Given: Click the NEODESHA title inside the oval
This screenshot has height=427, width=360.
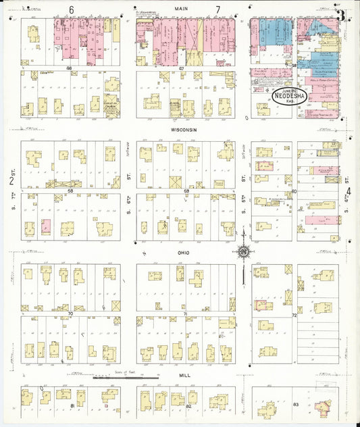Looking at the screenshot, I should point(290,97).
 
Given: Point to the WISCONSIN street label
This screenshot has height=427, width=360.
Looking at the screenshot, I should point(184,128).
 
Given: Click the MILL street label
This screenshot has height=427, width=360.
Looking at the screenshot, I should point(184,374).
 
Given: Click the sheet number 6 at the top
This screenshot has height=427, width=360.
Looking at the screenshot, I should point(71,9).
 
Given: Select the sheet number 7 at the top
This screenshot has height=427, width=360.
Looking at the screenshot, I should point(217,9).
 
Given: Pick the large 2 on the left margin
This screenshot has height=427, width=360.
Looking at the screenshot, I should point(11,180).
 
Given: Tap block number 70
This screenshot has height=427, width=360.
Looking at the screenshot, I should point(70,313).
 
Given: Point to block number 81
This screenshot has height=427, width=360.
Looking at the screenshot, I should point(73,405).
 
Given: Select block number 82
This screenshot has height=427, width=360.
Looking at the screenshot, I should point(188,405).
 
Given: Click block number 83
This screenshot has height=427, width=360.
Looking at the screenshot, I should point(296,404).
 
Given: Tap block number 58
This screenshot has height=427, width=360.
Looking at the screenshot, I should point(70,191).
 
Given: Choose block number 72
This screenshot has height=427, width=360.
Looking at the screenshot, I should point(294,316).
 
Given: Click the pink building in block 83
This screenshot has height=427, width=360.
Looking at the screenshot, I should point(320,407).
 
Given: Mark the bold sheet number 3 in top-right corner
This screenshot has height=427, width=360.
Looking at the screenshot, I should point(342,14).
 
